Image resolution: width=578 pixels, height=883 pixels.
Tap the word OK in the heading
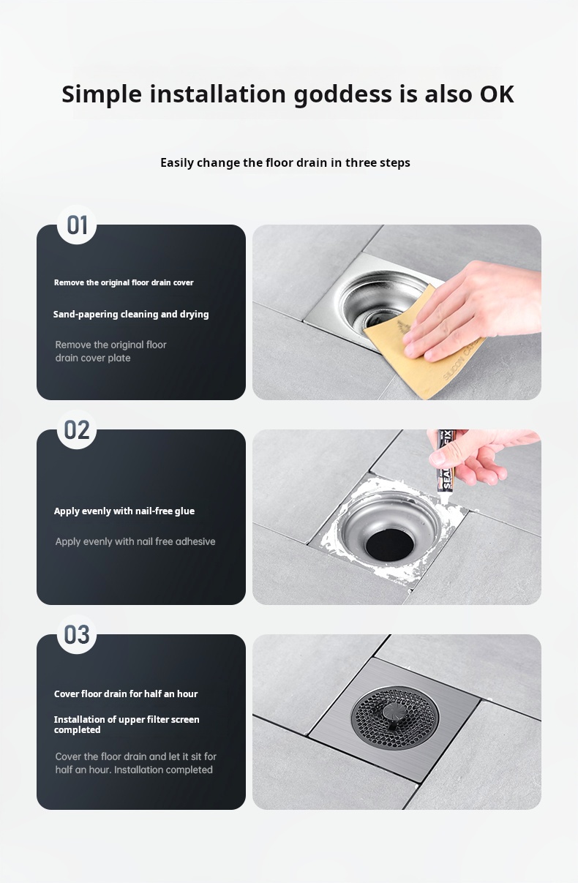point(497,94)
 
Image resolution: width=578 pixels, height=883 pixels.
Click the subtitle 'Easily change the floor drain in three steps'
point(285,162)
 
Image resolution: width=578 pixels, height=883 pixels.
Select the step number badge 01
point(77,225)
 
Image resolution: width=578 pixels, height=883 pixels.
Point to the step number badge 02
point(77,430)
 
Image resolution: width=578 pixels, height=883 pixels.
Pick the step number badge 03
point(77,635)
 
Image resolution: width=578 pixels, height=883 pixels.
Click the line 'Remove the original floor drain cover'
point(124,282)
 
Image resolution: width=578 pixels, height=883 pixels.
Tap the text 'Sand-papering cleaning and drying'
point(131,314)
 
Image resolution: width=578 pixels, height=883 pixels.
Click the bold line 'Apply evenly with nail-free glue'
point(124,511)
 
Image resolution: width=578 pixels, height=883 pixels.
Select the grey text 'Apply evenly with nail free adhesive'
point(135,542)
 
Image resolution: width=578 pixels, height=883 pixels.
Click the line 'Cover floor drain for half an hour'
point(126,694)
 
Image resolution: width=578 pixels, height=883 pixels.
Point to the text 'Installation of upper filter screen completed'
point(127,724)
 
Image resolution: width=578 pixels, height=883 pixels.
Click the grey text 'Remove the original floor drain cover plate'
point(111,351)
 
